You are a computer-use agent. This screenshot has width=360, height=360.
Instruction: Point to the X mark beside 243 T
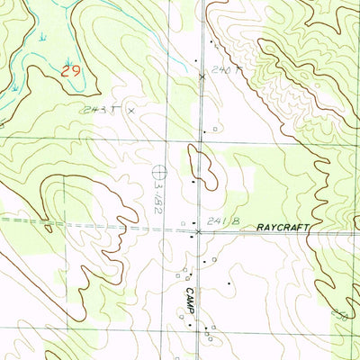[131, 110]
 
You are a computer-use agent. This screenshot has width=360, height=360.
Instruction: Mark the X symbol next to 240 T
[201, 76]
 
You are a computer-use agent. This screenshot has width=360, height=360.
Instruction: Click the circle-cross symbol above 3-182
[160, 168]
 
